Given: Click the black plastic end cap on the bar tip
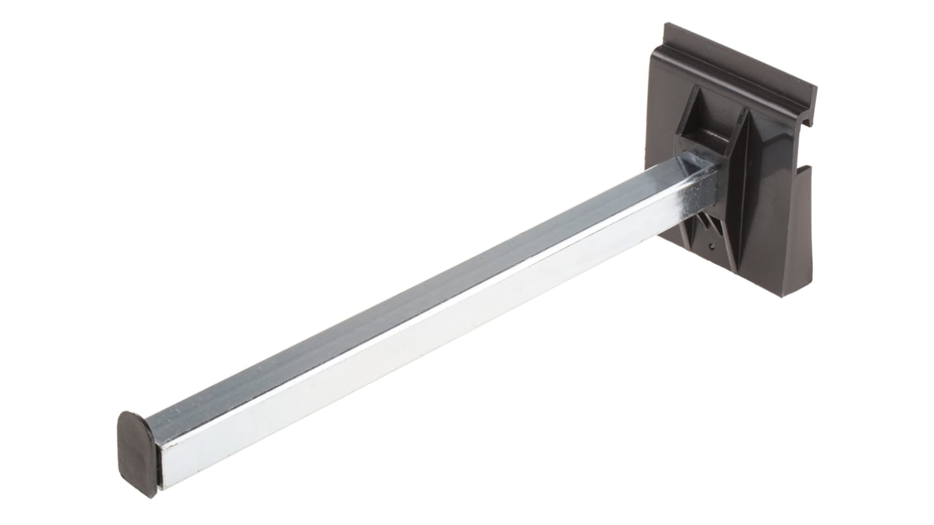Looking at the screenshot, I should [x=137, y=453].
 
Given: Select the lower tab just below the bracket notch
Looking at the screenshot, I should [x=799, y=191].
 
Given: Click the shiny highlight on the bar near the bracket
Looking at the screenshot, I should [x=684, y=191].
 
